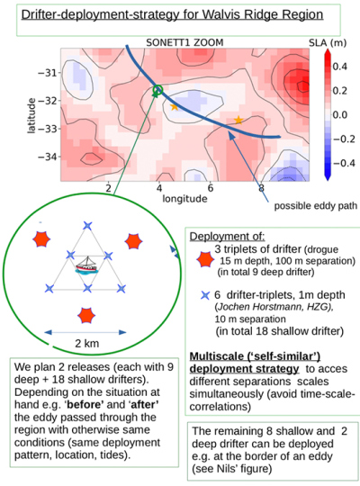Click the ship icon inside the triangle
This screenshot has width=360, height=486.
[x=86, y=265]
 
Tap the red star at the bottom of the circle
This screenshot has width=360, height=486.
[x=85, y=316]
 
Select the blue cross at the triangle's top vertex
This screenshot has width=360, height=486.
[x=87, y=226]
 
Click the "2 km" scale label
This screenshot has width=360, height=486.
[x=86, y=344]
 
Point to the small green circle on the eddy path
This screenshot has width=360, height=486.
[x=157, y=90]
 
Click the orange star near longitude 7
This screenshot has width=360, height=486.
[x=238, y=120]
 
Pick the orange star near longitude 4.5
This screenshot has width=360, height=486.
[x=174, y=107]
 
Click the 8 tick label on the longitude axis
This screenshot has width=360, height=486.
[x=261, y=188]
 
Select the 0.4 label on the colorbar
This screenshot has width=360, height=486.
[x=339, y=67]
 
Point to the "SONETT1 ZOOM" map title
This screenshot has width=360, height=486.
[x=184, y=42]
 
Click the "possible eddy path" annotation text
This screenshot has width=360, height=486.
[x=315, y=206]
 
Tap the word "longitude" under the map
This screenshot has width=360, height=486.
[x=184, y=199]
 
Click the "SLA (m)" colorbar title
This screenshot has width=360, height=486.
[x=328, y=43]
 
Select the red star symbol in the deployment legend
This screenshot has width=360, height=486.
[x=205, y=259]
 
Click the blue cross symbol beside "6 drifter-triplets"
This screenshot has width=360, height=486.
[x=205, y=295]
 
